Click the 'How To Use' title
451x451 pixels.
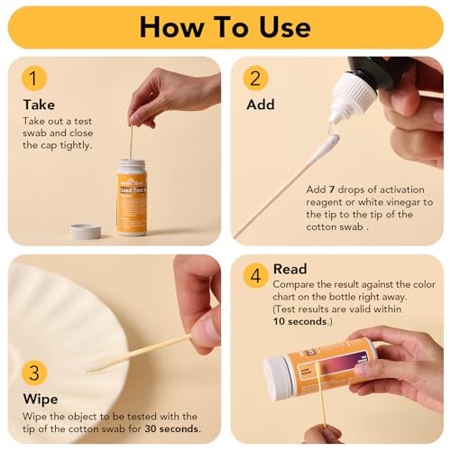point(225,26)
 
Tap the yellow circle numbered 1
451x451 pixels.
point(34,78)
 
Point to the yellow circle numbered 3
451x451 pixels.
point(34,371)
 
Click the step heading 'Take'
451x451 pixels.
point(39,105)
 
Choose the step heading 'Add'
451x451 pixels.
point(261,105)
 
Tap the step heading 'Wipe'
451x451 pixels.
point(41,398)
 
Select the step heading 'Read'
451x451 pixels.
point(290,269)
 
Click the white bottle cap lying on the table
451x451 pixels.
point(86,231)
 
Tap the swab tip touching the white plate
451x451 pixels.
point(92,366)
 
